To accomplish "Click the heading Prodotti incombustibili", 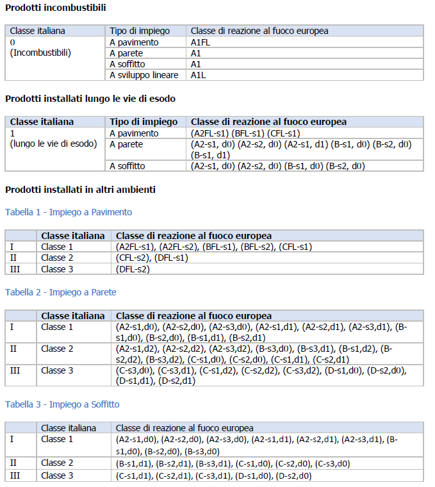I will pos(56,8).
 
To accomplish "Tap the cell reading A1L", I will pos(198,75).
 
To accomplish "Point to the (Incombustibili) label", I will pos(40,53).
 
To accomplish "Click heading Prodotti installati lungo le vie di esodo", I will pos(90,99).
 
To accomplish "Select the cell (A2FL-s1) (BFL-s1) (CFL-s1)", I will pos(245,133).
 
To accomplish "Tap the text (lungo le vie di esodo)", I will pos(53,144).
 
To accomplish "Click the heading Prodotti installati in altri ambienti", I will pos(80,190).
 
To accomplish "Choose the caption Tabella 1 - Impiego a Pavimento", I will pos(69,212).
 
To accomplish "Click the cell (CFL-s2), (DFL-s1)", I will pos(152,258).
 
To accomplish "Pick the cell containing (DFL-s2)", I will pos(133,269).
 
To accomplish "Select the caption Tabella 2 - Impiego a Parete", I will pos(60,292).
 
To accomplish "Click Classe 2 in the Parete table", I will pos(57,349).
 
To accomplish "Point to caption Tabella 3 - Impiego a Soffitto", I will pos(62,404).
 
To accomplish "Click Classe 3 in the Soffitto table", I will pos(57,475).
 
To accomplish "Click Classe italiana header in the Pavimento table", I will pos(72,236).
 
